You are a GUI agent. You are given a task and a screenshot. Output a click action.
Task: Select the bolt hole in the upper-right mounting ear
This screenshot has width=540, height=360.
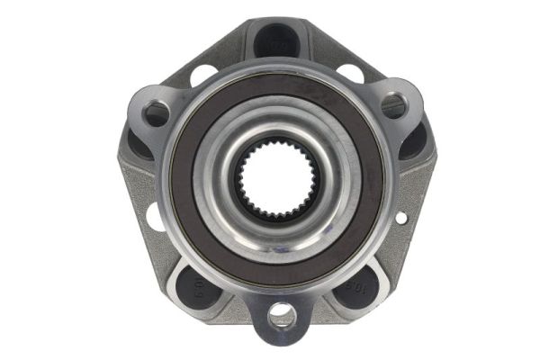pos(393,105)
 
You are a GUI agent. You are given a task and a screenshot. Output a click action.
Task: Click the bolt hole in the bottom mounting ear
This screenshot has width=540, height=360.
pos(282,315)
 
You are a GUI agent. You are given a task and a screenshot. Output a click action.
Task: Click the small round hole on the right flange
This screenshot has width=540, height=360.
pos(400,217)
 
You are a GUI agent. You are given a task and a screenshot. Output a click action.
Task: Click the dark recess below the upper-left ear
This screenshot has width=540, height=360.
pos(139,144)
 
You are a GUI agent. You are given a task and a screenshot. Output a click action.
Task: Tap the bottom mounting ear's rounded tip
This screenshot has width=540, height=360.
pos(282,337)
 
